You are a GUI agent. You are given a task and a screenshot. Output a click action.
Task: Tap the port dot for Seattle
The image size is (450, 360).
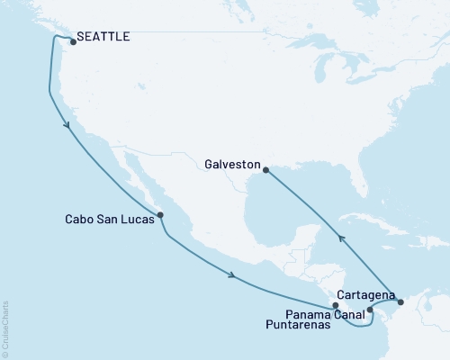tap(72, 40)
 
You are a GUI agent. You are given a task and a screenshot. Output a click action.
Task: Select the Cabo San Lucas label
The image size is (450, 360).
tap(109, 218)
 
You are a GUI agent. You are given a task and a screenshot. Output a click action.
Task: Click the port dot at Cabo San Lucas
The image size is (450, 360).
tap(160, 215)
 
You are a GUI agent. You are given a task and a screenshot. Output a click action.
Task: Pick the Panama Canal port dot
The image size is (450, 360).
tap(370, 310)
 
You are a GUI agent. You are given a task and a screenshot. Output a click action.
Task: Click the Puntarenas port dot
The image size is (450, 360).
tap(336, 306)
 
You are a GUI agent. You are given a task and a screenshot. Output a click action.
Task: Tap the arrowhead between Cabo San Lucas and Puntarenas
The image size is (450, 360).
tap(233, 275)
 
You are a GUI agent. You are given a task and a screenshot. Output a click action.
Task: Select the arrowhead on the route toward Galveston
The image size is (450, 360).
tap(340, 237)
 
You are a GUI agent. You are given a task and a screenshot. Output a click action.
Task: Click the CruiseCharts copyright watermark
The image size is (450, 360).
tap(6, 328)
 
